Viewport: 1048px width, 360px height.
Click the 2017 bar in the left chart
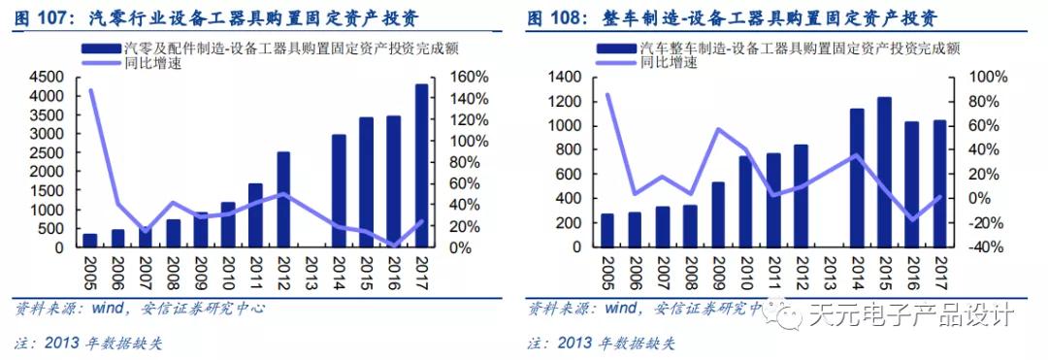[421, 166]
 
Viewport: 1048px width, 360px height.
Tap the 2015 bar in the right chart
[884, 172]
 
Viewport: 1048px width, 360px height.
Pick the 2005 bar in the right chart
[607, 230]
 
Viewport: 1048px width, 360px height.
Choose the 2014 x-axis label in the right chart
[857, 269]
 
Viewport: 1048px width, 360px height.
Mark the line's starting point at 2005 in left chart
[90, 90]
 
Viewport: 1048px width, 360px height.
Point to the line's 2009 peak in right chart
[719, 129]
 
